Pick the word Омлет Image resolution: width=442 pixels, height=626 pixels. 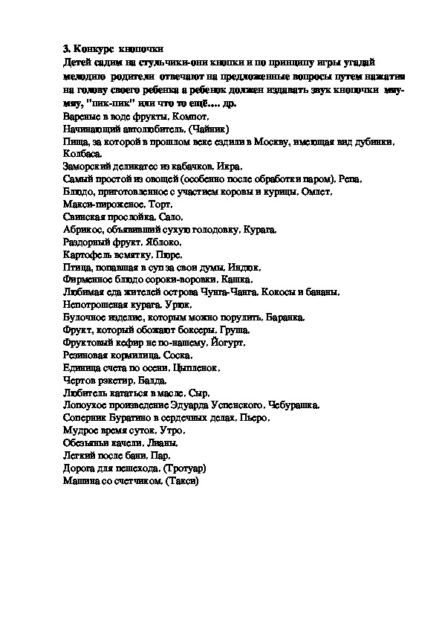click(x=315, y=191)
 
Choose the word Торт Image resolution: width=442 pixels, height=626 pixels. click(x=159, y=204)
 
